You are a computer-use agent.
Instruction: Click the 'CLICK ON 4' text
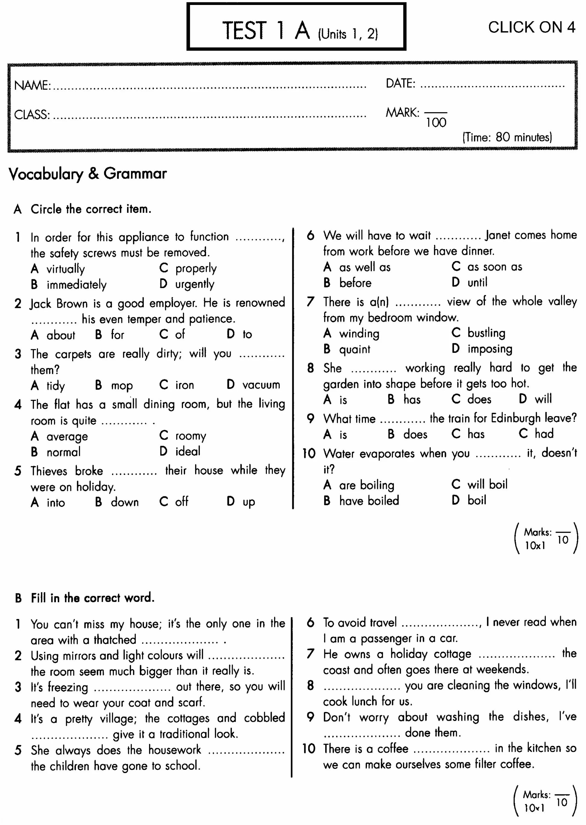pyautogui.click(x=531, y=28)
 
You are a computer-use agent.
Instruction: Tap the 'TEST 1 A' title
pyautogui.click(x=266, y=30)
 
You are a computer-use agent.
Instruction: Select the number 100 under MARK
pyautogui.click(x=436, y=123)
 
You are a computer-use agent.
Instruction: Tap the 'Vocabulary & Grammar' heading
pyautogui.click(x=88, y=174)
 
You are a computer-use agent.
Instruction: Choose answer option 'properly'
pyautogui.click(x=196, y=268)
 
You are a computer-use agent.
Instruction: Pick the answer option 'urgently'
pyautogui.click(x=195, y=284)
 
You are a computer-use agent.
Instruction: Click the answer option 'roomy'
pyautogui.click(x=191, y=436)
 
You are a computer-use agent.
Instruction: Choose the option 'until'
pyautogui.click(x=477, y=282)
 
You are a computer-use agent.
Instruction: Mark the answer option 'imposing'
pyautogui.click(x=490, y=349)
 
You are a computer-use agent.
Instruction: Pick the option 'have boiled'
pyautogui.click(x=369, y=501)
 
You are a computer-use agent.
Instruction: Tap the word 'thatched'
pyautogui.click(x=115, y=640)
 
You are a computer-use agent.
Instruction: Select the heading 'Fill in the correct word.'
pyautogui.click(x=92, y=598)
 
